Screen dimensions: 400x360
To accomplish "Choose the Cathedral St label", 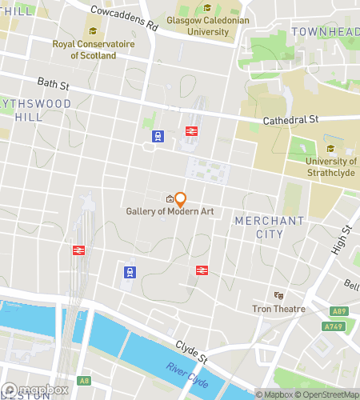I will [292, 119].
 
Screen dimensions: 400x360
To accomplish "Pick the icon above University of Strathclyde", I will [330, 149].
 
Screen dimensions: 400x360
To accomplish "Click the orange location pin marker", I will [181, 199].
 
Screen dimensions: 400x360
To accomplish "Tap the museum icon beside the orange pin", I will [170, 199].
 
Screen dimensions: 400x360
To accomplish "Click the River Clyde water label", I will [190, 375].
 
